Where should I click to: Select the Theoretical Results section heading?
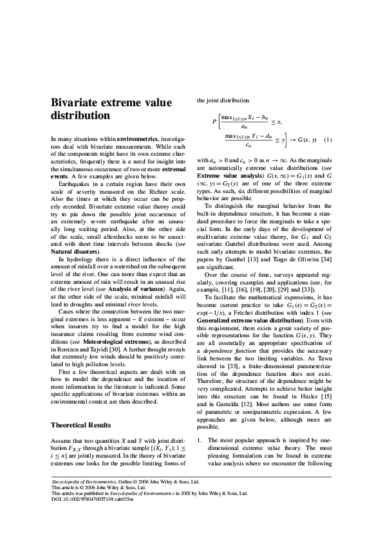tap(81, 407)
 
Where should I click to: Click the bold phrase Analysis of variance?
tap(140, 289)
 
